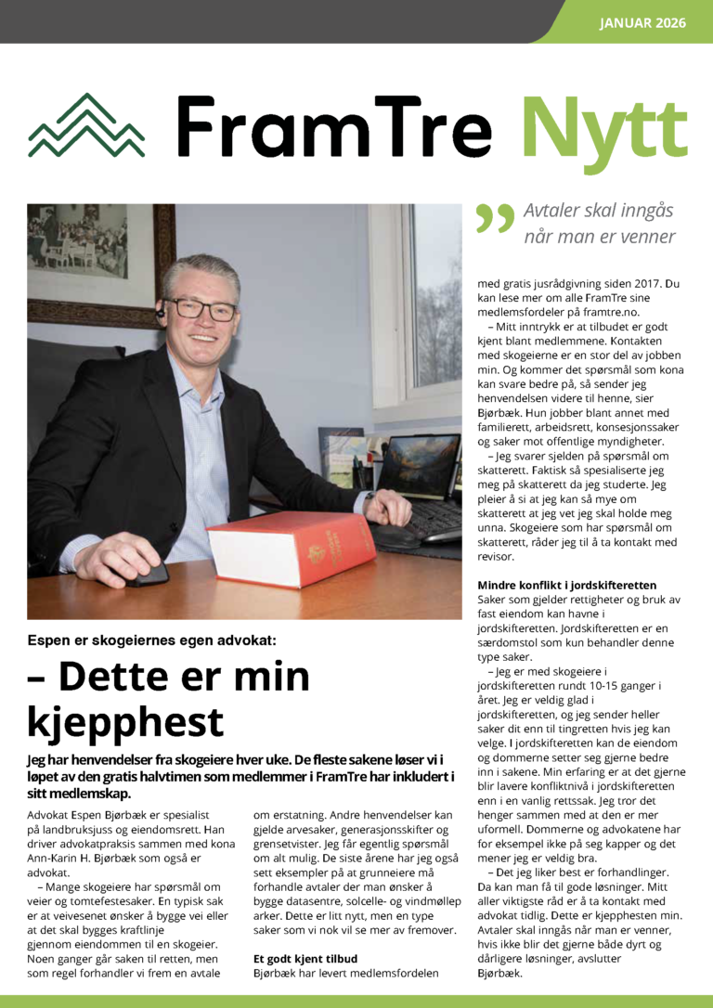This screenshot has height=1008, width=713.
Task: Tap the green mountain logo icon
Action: point(86,126)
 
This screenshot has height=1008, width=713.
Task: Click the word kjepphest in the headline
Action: point(125,722)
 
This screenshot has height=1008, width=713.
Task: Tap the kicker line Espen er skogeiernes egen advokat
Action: point(151,640)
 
